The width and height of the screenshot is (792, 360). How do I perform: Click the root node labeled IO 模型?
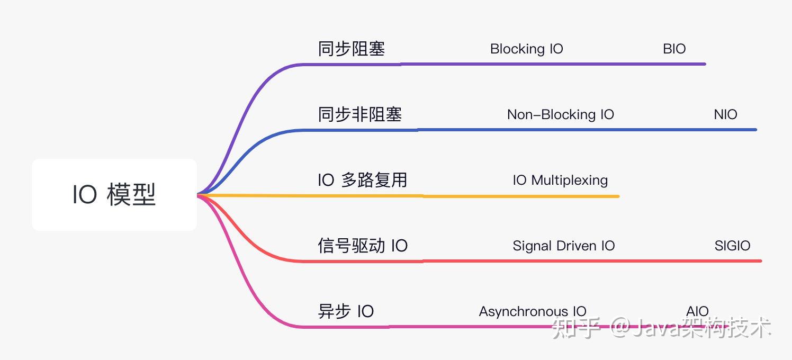114,195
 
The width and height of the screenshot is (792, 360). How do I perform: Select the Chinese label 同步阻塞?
351,49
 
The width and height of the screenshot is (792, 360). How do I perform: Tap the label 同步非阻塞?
359,114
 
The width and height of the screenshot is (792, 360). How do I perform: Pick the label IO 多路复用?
362,180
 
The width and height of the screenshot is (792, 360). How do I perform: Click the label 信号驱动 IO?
363,246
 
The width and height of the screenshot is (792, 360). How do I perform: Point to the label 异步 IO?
346,311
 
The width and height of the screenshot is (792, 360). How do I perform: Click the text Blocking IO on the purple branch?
526,49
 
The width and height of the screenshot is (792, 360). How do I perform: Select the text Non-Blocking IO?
560,114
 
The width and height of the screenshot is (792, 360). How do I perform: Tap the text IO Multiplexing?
560,180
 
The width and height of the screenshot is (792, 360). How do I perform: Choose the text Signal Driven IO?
563,246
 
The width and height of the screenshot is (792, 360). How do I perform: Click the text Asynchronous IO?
532,311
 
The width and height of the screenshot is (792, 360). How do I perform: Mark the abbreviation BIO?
674,49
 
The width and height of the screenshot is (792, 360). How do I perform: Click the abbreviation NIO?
725,114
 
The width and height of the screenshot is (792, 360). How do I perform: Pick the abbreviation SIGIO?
732,246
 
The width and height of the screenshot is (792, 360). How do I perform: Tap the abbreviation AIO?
697,311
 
